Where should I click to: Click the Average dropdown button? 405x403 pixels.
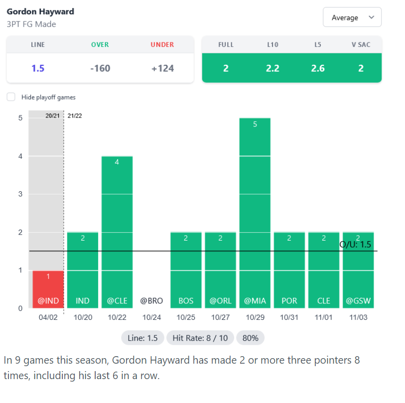pos(352,17)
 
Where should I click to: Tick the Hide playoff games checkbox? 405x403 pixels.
pos(11,97)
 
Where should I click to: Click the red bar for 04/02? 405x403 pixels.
pos(48,289)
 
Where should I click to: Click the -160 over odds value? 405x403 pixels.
pos(100,68)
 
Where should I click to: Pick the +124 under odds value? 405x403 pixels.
pos(162,68)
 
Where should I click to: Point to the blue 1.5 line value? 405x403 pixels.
pos(38,68)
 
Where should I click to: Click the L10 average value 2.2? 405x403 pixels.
pos(272,68)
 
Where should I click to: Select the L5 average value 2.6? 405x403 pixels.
pos(318,68)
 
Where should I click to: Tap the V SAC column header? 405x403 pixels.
pos(361,44)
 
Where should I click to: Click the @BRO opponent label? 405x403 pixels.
pos(151,301)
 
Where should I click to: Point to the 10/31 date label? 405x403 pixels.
pos(289,317)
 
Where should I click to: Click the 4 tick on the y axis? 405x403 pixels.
pos(20,156)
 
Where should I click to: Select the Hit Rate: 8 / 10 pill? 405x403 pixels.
pos(200,338)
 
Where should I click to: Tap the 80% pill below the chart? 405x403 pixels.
pos(250,338)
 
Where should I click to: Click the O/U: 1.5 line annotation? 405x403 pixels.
pos(355,245)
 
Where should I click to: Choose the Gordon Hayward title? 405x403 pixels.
pos(40,11)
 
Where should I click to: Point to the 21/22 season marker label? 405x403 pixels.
pos(75,116)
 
